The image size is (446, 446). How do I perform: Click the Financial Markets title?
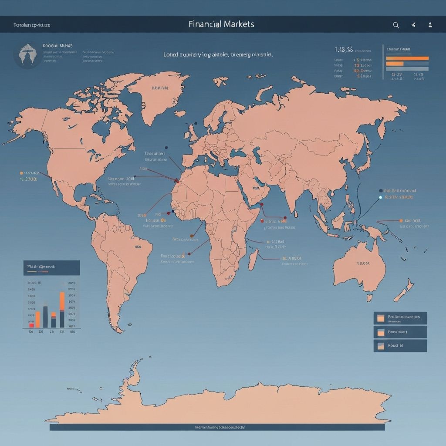(221, 24)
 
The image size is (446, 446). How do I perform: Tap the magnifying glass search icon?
(396, 25)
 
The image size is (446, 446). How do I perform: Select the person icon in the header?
(430, 25)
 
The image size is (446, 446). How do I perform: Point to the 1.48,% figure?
(344, 50)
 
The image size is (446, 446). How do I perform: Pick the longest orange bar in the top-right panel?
(407, 58)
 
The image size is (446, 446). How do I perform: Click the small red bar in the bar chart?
(31, 324)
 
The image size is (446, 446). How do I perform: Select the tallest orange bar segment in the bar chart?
(62, 301)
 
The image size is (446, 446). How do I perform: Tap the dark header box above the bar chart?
(51, 267)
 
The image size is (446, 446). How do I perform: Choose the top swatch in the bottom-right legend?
(380, 318)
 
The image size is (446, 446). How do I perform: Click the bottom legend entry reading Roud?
(400, 346)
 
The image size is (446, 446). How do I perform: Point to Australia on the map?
(359, 266)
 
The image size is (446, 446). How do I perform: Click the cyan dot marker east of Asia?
(380, 197)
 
